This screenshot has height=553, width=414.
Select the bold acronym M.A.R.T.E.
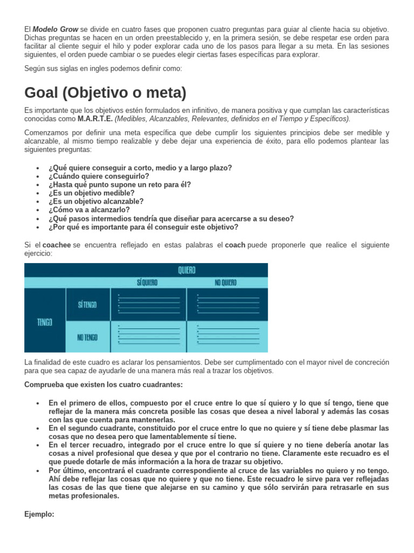(x=95, y=119)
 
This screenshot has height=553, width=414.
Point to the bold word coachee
(x=57, y=245)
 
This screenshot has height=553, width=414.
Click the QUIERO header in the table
(x=187, y=270)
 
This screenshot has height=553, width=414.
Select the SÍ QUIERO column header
(x=148, y=282)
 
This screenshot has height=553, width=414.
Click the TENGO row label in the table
(x=45, y=322)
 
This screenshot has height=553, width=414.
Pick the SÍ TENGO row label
(x=87, y=305)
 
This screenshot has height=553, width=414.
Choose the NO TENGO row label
(x=87, y=337)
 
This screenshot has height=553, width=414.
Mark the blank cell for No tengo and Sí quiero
(x=148, y=336)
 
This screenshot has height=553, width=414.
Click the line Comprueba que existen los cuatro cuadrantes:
(x=103, y=385)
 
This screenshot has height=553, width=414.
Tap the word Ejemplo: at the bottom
(x=39, y=515)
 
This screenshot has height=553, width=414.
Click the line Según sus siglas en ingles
(x=103, y=68)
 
